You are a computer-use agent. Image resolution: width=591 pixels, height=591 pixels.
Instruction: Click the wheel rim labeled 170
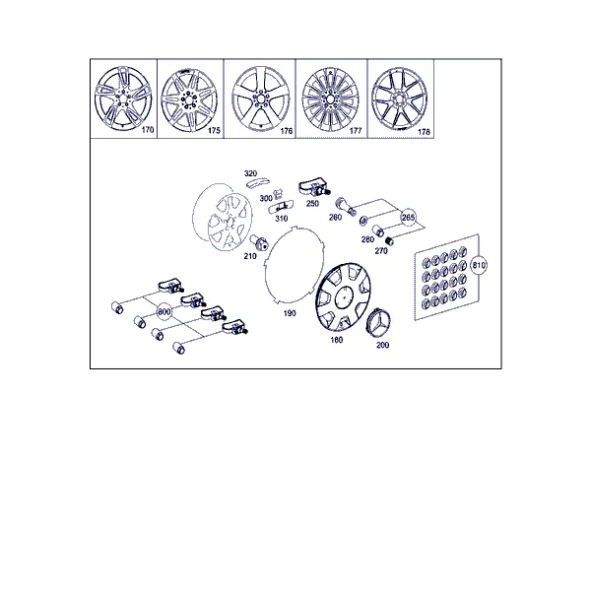pos(123,99)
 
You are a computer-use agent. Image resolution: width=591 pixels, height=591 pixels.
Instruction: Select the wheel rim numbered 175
pos(189,99)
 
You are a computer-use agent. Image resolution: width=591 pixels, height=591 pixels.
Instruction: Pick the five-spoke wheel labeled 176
pos(260,99)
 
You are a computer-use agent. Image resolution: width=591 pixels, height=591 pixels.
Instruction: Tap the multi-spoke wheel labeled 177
pos(331,99)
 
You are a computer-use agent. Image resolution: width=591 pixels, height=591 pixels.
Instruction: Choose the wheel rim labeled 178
pos(400,99)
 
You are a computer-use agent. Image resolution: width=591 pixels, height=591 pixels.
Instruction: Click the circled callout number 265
pos(408,218)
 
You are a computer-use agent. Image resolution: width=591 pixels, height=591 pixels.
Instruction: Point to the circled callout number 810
pos(479,265)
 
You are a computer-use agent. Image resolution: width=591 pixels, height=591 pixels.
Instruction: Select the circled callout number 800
pos(164,311)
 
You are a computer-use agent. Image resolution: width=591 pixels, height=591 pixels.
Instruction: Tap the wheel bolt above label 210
pos(259,242)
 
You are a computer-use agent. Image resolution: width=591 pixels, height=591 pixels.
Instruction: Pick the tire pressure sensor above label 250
pos(314,189)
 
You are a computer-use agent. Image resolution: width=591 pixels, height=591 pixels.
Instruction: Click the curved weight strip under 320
pos(257,182)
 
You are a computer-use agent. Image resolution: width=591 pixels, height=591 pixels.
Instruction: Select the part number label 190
pos(290,313)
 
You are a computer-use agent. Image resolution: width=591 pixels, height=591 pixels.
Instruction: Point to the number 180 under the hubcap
pos(337,340)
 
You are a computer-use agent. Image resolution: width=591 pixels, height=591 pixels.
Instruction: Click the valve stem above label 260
pos(346,206)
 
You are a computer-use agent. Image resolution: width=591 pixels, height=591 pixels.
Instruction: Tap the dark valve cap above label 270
pos(388,240)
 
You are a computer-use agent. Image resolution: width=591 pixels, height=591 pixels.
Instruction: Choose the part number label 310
pos(281,219)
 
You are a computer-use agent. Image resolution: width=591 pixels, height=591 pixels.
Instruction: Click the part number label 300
pos(266,198)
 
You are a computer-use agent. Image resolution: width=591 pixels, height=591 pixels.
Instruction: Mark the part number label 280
pos(367,239)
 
